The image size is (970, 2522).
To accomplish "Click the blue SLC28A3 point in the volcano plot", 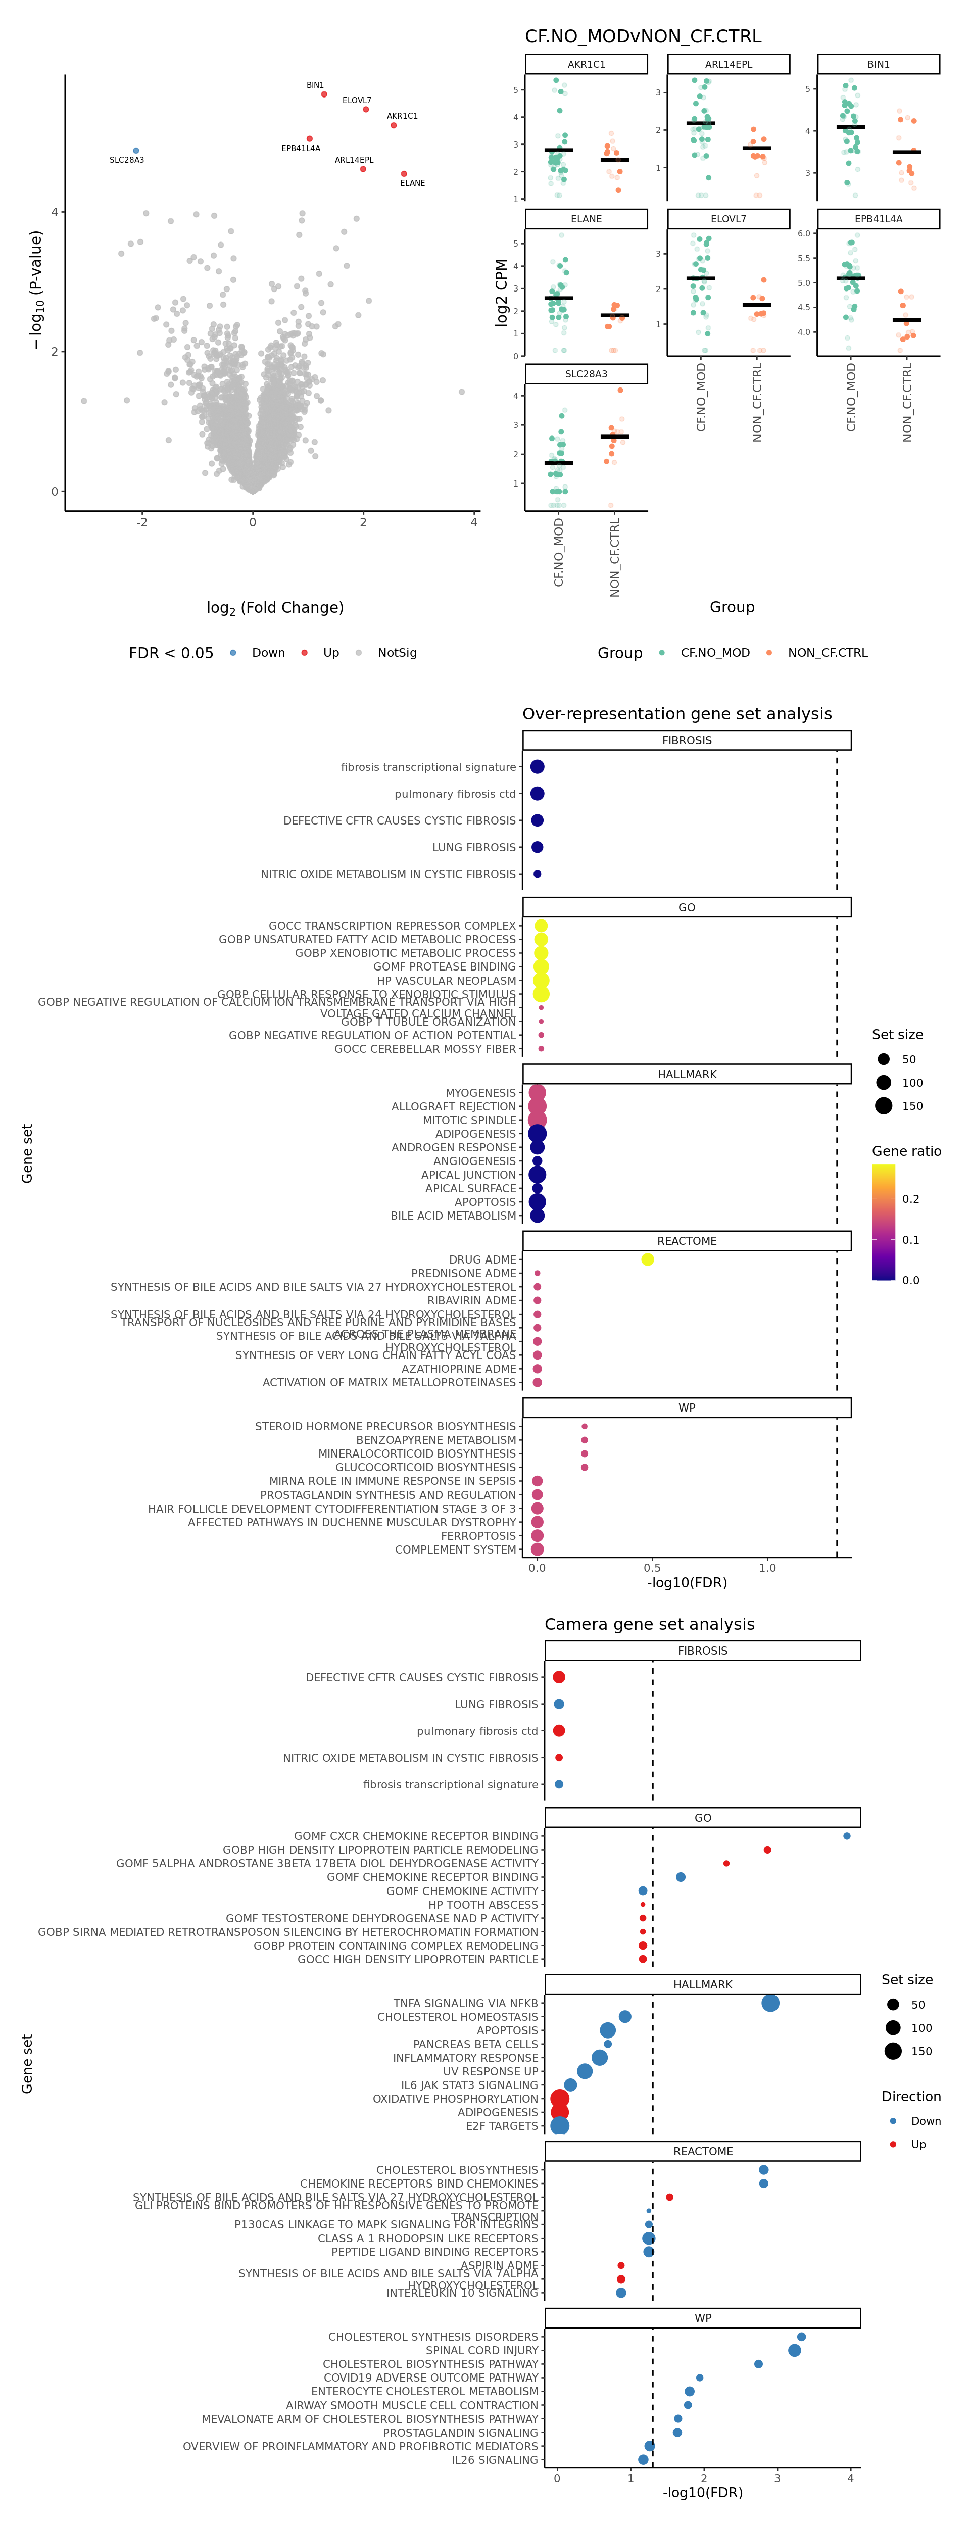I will (x=136, y=151).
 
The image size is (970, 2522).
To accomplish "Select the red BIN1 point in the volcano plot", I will (x=324, y=94).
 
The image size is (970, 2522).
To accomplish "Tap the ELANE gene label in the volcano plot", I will (x=412, y=183).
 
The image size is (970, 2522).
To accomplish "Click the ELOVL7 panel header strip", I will (x=728, y=219).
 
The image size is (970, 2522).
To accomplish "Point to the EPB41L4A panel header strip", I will (x=878, y=219).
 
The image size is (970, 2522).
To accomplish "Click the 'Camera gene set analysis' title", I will (x=649, y=1624).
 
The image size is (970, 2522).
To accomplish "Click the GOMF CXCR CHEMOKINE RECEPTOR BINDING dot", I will (x=847, y=1836).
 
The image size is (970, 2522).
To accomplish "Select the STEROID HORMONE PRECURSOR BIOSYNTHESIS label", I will (x=384, y=1427).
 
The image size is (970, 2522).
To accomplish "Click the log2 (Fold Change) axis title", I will (x=275, y=608).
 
